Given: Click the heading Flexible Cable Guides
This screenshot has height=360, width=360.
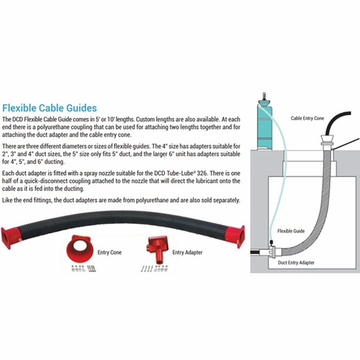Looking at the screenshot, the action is tap(50, 108).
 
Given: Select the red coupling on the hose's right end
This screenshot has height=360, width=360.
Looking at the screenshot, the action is tap(235, 237).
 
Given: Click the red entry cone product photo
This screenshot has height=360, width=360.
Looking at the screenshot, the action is tap(78, 249).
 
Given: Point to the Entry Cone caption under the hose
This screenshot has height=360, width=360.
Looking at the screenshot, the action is tap(109, 252).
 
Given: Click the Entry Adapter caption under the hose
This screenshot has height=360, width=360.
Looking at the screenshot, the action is tap(187, 252).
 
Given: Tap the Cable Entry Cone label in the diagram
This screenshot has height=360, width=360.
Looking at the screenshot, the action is tap(307, 118).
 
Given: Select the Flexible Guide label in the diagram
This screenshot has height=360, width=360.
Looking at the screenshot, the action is tap(291, 231).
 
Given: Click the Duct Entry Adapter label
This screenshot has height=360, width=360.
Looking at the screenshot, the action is tap(296, 263).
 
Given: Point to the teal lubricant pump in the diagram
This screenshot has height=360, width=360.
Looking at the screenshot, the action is tap(265, 122).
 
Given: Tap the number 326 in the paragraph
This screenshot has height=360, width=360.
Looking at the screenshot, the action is tap(202, 174).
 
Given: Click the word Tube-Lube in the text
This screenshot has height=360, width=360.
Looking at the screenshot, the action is tap(181, 174).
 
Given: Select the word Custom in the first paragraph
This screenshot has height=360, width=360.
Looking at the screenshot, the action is tap(145, 120).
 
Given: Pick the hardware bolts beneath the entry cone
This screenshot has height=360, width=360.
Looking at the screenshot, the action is tap(84, 269).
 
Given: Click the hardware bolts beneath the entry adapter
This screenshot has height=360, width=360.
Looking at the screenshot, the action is tap(154, 269).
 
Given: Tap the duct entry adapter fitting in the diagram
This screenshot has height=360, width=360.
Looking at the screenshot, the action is tap(274, 251).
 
